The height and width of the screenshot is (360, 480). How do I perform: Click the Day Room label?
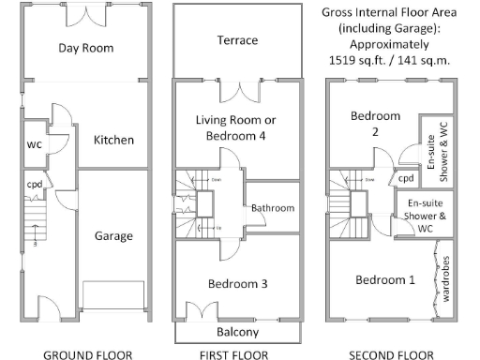(x=86, y=48)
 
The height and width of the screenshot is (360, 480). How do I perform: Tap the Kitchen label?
(x=113, y=140)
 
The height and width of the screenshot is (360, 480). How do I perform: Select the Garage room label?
(x=113, y=236)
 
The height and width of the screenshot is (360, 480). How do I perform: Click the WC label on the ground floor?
(x=34, y=145)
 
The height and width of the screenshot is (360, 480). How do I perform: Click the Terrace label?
(x=237, y=41)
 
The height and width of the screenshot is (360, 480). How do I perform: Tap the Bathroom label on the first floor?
(x=273, y=207)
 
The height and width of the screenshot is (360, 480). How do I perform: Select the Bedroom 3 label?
(x=237, y=284)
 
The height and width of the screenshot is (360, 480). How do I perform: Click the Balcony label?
(x=237, y=333)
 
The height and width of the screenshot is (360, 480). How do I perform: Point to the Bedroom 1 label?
(x=384, y=280)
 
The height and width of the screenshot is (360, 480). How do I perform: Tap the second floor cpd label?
(x=407, y=178)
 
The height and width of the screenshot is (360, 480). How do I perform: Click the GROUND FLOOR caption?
(x=82, y=354)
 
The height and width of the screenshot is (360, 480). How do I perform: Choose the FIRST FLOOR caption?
(x=237, y=354)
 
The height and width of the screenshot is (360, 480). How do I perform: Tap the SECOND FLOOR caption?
(x=391, y=354)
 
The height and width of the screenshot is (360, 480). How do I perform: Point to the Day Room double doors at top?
(x=86, y=13)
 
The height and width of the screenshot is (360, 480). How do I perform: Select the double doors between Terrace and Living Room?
(x=246, y=91)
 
